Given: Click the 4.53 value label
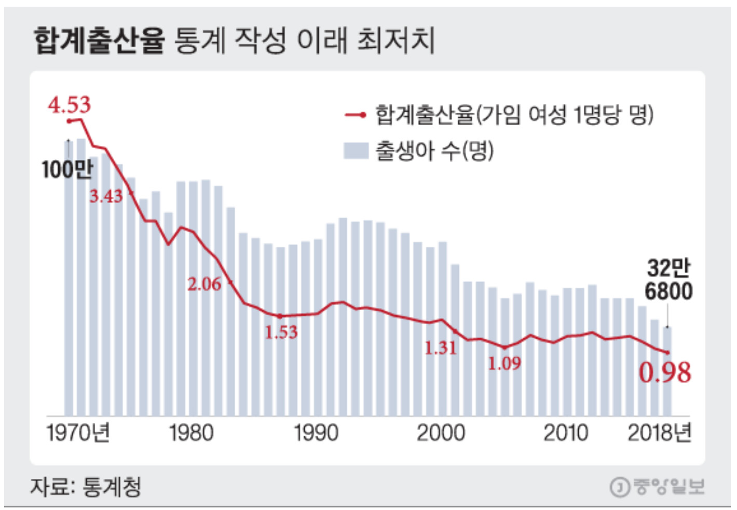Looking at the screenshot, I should click(69, 105).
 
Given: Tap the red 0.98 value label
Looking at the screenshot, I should click(665, 372).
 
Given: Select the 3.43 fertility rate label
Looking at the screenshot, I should click(106, 196).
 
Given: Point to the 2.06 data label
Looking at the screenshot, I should click(204, 284).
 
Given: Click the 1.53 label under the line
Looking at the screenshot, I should click(281, 332).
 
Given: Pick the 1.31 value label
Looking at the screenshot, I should click(441, 348).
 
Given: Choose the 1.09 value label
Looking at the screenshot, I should click(504, 364).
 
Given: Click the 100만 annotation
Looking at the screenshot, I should click(67, 169).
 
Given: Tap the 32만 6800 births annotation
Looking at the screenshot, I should click(668, 280).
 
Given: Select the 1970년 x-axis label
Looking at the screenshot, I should click(78, 433).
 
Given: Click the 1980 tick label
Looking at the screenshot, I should click(191, 433).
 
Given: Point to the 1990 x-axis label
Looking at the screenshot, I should click(316, 433).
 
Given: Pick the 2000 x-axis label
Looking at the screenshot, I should click(441, 433).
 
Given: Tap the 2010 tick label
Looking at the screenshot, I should click(565, 433).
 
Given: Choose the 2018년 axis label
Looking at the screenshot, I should click(659, 433).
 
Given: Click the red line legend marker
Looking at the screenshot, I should click(356, 115).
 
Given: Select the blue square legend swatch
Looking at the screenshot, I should click(356, 151).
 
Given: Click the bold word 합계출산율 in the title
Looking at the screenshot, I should click(99, 41).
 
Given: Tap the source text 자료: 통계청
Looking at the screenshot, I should click(86, 487).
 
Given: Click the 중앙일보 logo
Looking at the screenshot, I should click(657, 487).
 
